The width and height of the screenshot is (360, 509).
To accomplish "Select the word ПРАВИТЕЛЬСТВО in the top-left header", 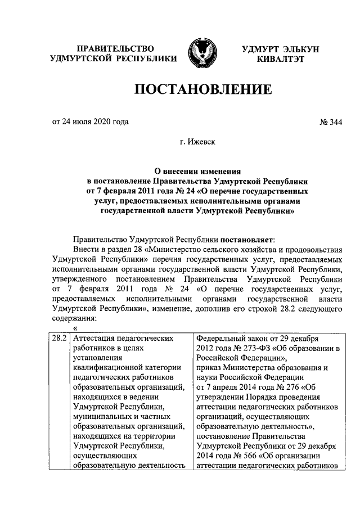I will pyautogui.click(x=115, y=49).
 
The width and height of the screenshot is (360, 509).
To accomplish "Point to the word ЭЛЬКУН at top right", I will pyautogui.click(x=298, y=49).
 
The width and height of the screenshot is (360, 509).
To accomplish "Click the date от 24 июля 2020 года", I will pyautogui.click(x=90, y=121).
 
